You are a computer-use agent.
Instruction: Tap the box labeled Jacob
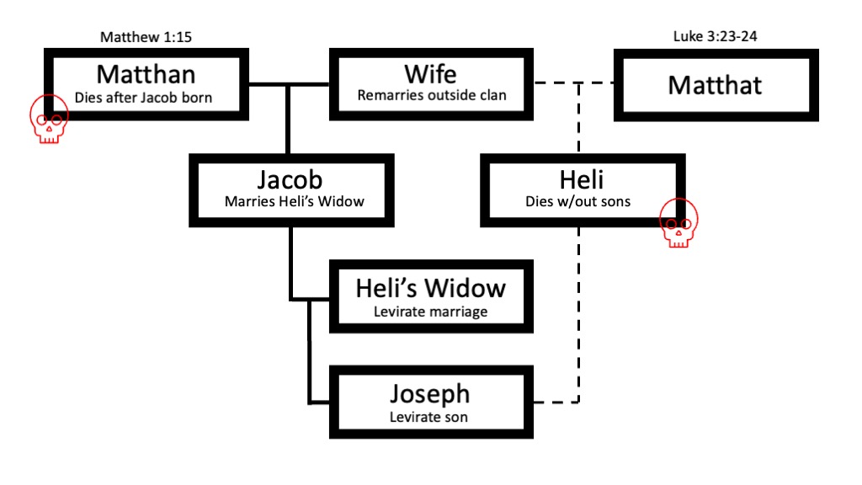coord(290,189)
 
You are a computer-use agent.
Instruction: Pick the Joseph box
coord(429,402)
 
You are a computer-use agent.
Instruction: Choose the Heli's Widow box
coord(430,296)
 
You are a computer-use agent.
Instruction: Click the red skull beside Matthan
coord(49,120)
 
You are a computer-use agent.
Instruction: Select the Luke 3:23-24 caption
coord(716,37)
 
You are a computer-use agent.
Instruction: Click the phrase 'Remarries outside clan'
coord(432,95)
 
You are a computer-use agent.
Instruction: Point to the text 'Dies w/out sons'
coord(578,202)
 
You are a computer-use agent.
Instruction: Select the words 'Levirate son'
coord(429,416)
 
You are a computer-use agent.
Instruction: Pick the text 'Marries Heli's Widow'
coord(290,202)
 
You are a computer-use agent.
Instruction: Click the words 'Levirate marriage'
coord(430,312)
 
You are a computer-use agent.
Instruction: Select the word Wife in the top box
coord(432,73)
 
